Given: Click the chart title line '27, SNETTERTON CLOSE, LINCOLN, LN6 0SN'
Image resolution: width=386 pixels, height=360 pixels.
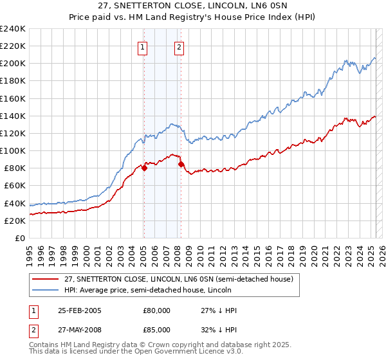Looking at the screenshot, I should coord(193,6).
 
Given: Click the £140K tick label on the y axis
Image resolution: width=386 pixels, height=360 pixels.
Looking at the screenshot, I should coord(13,116).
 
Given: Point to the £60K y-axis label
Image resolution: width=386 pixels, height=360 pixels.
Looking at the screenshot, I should coord(15,186).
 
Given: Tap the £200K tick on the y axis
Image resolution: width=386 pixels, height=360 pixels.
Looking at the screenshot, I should coord(13,64).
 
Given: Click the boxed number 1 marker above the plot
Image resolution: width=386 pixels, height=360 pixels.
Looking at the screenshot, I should coord(142,46).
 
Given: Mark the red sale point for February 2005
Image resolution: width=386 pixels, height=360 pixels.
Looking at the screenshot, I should coord(144,168).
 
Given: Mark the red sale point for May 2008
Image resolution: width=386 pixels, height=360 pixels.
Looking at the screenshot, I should coord(181,164).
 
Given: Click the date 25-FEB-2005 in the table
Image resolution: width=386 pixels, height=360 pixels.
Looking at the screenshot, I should coord(79,310).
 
